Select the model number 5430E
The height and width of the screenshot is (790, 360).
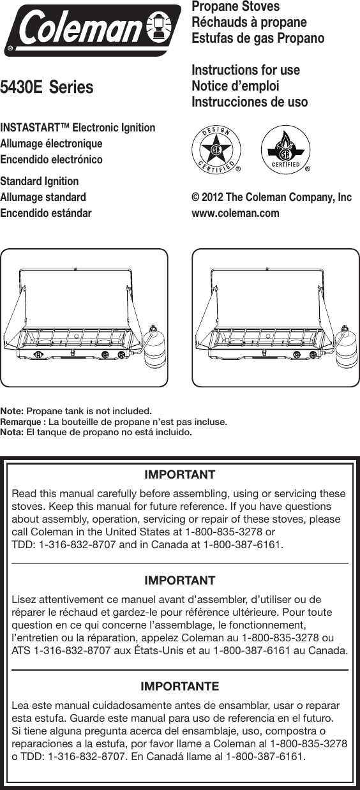[22, 87]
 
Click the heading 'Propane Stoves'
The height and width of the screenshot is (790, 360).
[236, 7]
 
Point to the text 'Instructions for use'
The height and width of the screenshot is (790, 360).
[246, 70]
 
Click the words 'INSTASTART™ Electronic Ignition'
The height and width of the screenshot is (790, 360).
[78, 128]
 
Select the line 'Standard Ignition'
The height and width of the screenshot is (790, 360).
[40, 181]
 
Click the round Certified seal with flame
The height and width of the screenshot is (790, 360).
[282, 151]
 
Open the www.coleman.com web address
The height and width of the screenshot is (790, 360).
[236, 213]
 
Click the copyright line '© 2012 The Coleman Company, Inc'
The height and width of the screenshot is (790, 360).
[272, 198]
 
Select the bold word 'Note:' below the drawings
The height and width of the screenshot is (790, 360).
[13, 410]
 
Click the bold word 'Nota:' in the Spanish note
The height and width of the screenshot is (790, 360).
[12, 432]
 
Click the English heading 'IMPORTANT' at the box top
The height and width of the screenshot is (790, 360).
[179, 475]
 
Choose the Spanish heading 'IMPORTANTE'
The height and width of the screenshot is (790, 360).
[179, 687]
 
